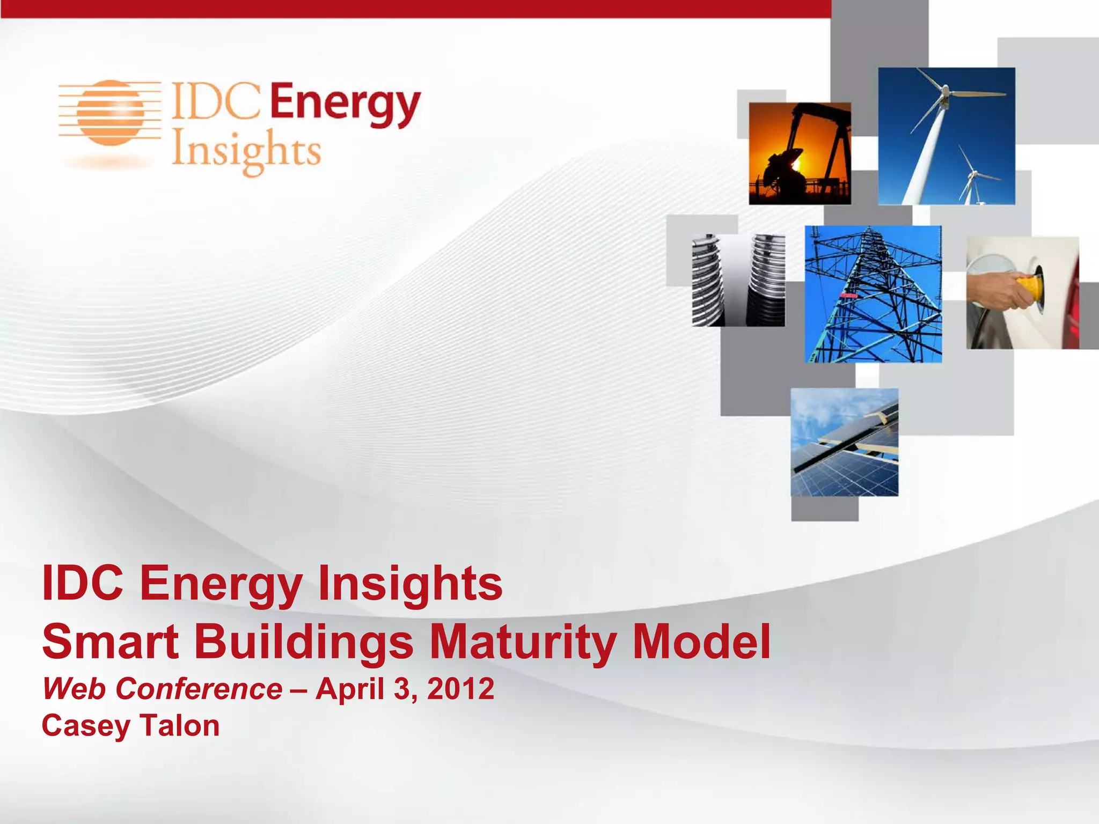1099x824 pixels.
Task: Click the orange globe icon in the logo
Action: click(x=110, y=113)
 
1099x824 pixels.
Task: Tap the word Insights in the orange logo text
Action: click(x=246, y=151)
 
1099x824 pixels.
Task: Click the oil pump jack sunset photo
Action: click(x=800, y=153)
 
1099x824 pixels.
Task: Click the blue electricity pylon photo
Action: click(x=873, y=294)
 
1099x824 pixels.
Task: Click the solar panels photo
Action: click(x=844, y=442)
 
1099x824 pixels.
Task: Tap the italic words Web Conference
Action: click(x=162, y=689)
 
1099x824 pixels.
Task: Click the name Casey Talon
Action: click(x=130, y=726)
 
